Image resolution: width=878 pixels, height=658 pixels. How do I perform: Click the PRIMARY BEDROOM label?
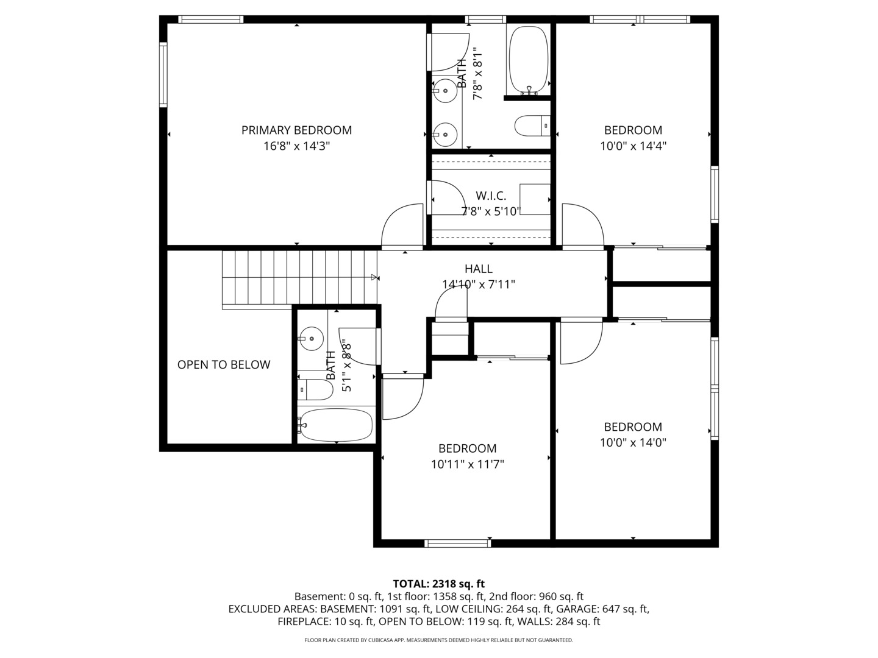click(296, 130)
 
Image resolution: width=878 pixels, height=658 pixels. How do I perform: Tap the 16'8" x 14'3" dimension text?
click(296, 146)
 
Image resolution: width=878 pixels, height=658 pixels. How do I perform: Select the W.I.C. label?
click(491, 196)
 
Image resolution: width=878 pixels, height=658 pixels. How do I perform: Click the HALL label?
click(479, 269)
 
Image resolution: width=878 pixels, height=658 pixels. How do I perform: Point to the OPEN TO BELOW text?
click(224, 364)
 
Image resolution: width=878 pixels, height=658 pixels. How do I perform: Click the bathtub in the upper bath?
click(528, 59)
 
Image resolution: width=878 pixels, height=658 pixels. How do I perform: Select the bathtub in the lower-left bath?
click(336, 425)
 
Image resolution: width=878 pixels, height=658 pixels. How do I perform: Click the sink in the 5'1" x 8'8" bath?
click(312, 338)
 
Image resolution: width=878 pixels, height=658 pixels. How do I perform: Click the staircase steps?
click(299, 277)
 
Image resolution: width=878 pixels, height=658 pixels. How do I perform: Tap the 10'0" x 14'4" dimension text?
click(633, 146)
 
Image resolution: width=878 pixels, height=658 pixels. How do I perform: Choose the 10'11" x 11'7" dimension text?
click(467, 464)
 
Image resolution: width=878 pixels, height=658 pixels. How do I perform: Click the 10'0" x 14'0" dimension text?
click(633, 443)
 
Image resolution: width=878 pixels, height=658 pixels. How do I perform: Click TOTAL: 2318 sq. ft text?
click(438, 584)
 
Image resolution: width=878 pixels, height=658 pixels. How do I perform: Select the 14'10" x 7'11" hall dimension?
click(479, 284)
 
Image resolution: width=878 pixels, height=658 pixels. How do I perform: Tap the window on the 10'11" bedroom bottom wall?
click(458, 543)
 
